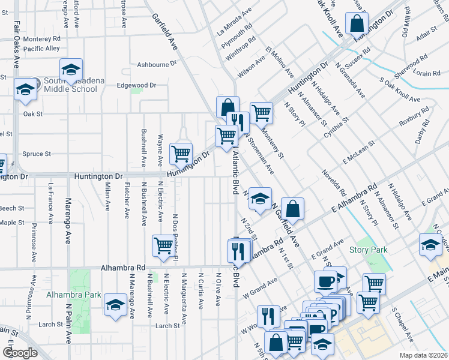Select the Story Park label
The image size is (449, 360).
pyautogui.click(x=368, y=250)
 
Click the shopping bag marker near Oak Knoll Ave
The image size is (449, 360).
pyautogui.click(x=357, y=25)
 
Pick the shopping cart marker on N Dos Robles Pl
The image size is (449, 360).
pyautogui.click(x=163, y=245)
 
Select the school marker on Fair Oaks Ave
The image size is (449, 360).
pyautogui.click(x=25, y=89)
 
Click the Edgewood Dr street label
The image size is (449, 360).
pyautogui.click(x=136, y=85)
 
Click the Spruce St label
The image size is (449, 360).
pyautogui.click(x=37, y=154)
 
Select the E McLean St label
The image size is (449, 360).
pyautogui.click(x=359, y=152)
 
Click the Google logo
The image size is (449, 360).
pyautogui.click(x=20, y=352)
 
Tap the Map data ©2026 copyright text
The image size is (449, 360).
pyautogui.click(x=423, y=355)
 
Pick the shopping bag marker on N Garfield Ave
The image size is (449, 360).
pyautogui.click(x=292, y=209)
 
